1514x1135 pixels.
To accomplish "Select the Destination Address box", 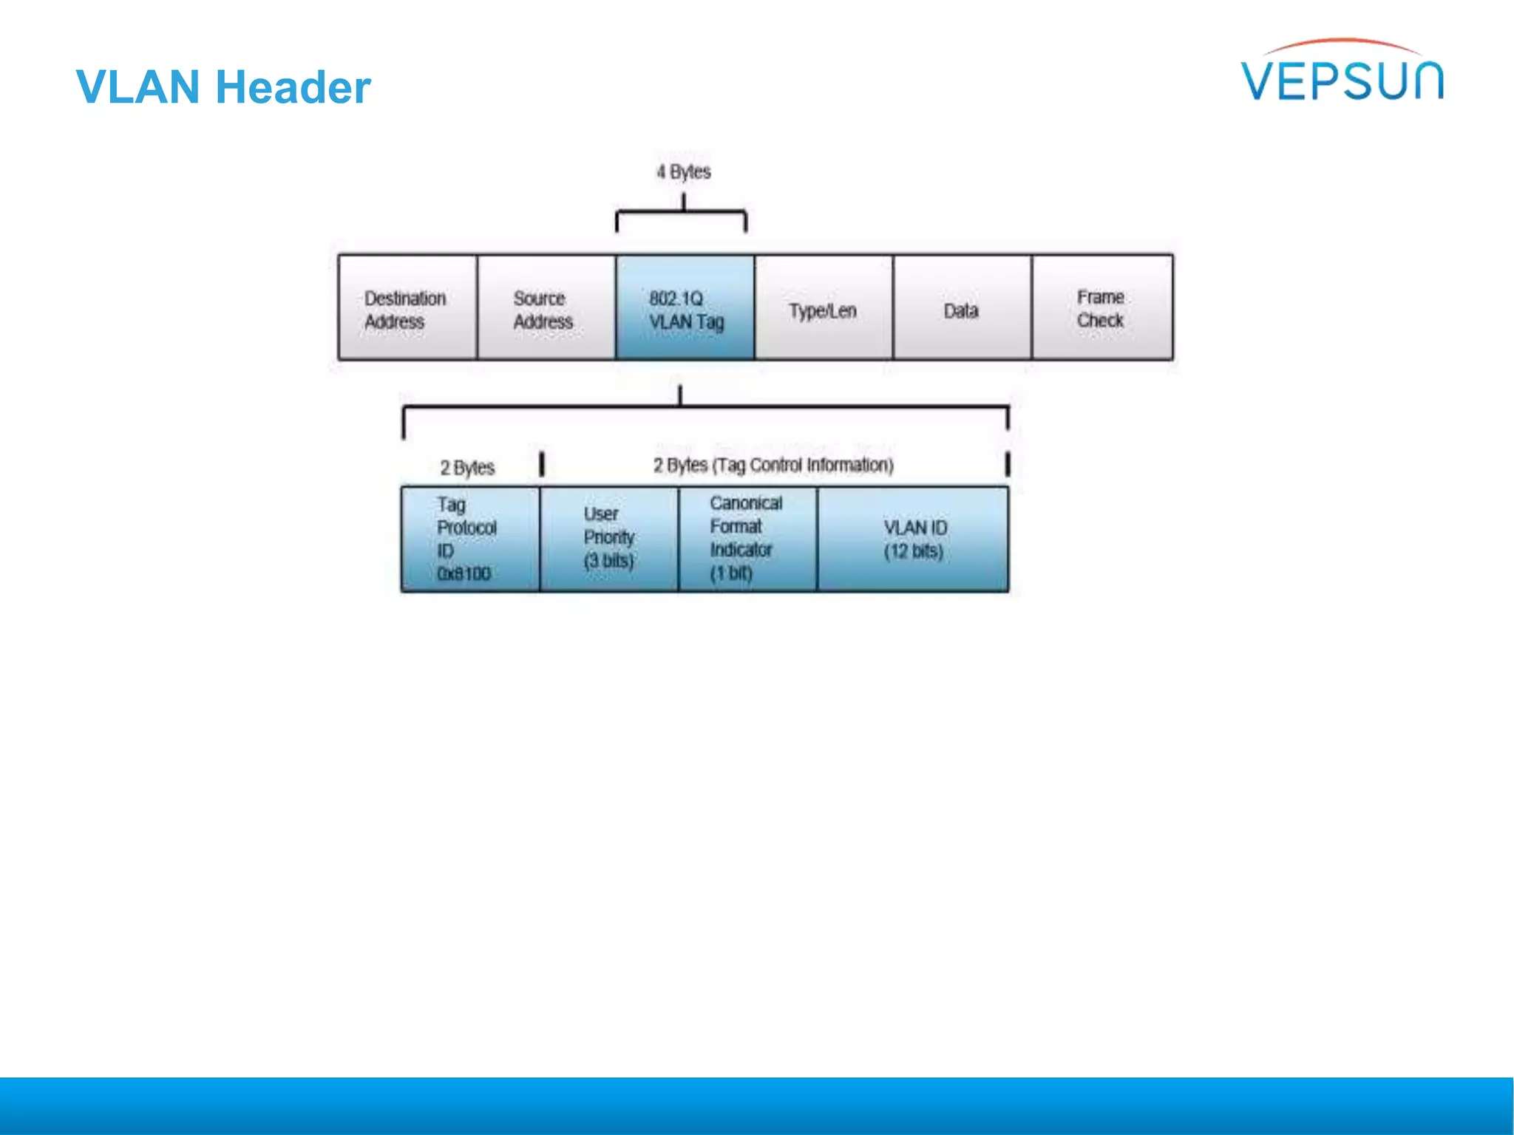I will (x=407, y=308).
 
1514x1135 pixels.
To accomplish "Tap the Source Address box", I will (x=546, y=308).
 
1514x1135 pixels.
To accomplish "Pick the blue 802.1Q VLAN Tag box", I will (x=685, y=308).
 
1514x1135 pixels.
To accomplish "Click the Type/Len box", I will (x=824, y=308).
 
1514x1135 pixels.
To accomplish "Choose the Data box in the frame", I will (x=962, y=308).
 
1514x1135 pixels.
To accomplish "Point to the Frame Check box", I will (x=1101, y=308).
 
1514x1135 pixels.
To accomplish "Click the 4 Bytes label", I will (x=684, y=172).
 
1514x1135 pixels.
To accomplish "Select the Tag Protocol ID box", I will (x=470, y=539).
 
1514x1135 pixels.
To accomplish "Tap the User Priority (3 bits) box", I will (x=609, y=539).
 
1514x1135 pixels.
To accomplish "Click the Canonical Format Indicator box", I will (x=747, y=539).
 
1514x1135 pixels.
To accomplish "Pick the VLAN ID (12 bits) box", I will (x=914, y=539).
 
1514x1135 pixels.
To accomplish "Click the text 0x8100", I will (x=464, y=574).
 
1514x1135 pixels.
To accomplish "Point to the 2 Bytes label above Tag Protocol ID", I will (x=467, y=468).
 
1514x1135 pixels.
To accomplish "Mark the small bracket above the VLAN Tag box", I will (x=681, y=213).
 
